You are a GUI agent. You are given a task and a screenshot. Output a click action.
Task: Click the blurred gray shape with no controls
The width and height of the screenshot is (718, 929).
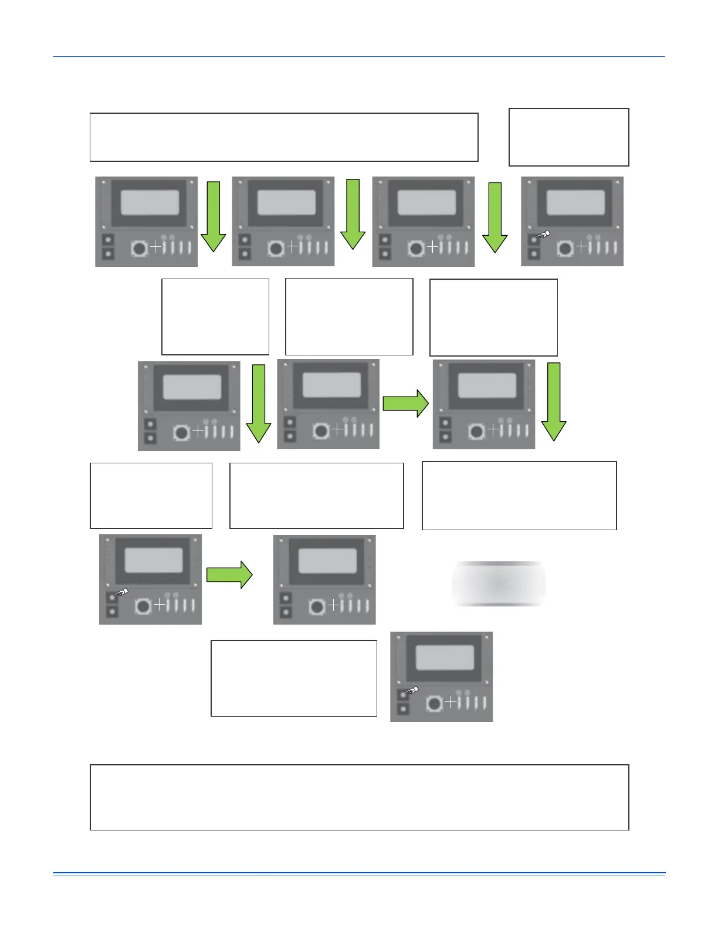498,584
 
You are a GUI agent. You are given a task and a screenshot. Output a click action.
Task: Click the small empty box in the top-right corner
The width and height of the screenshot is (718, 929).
568,137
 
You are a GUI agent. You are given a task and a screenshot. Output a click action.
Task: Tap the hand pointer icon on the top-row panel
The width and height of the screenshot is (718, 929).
544,235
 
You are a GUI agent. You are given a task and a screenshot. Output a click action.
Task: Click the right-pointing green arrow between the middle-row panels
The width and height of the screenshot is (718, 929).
405,404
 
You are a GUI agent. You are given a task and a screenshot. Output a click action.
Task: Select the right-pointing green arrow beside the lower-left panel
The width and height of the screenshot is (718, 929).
229,575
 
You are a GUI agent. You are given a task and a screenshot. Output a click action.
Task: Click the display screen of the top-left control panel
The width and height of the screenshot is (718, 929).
150,203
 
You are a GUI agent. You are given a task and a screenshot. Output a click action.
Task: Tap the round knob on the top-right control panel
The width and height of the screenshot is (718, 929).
565,248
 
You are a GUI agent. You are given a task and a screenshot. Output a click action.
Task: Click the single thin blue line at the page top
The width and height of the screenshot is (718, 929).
359,57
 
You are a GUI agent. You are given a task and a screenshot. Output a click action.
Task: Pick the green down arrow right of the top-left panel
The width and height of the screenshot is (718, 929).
214,216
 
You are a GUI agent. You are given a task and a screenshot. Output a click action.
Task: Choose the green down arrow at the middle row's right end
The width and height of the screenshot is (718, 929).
553,401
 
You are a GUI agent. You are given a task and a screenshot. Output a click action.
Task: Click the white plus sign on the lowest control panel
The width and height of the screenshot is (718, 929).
451,702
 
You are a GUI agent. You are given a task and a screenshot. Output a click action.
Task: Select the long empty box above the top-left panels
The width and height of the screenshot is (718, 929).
283,137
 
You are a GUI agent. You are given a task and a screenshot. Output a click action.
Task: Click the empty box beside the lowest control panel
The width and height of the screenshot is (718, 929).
293,678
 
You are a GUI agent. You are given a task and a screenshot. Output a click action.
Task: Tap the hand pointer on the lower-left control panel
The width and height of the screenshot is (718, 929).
121,592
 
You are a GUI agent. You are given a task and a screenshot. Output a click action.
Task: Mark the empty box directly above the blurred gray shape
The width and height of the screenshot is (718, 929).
519,496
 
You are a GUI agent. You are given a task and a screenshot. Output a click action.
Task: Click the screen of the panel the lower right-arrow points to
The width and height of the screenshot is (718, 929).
327,561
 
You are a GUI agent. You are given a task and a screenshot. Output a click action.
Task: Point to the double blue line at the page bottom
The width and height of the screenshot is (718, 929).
359,874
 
